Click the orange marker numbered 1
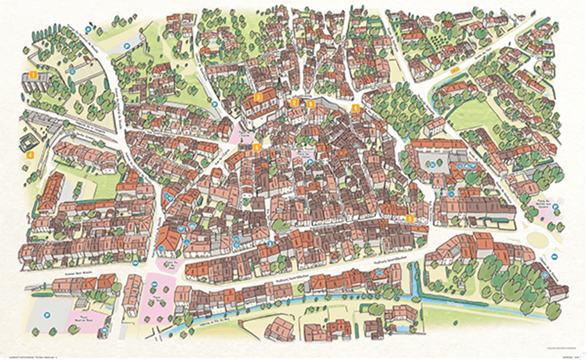33,74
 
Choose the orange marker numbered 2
258,97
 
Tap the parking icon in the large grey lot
48,315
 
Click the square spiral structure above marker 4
28,141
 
